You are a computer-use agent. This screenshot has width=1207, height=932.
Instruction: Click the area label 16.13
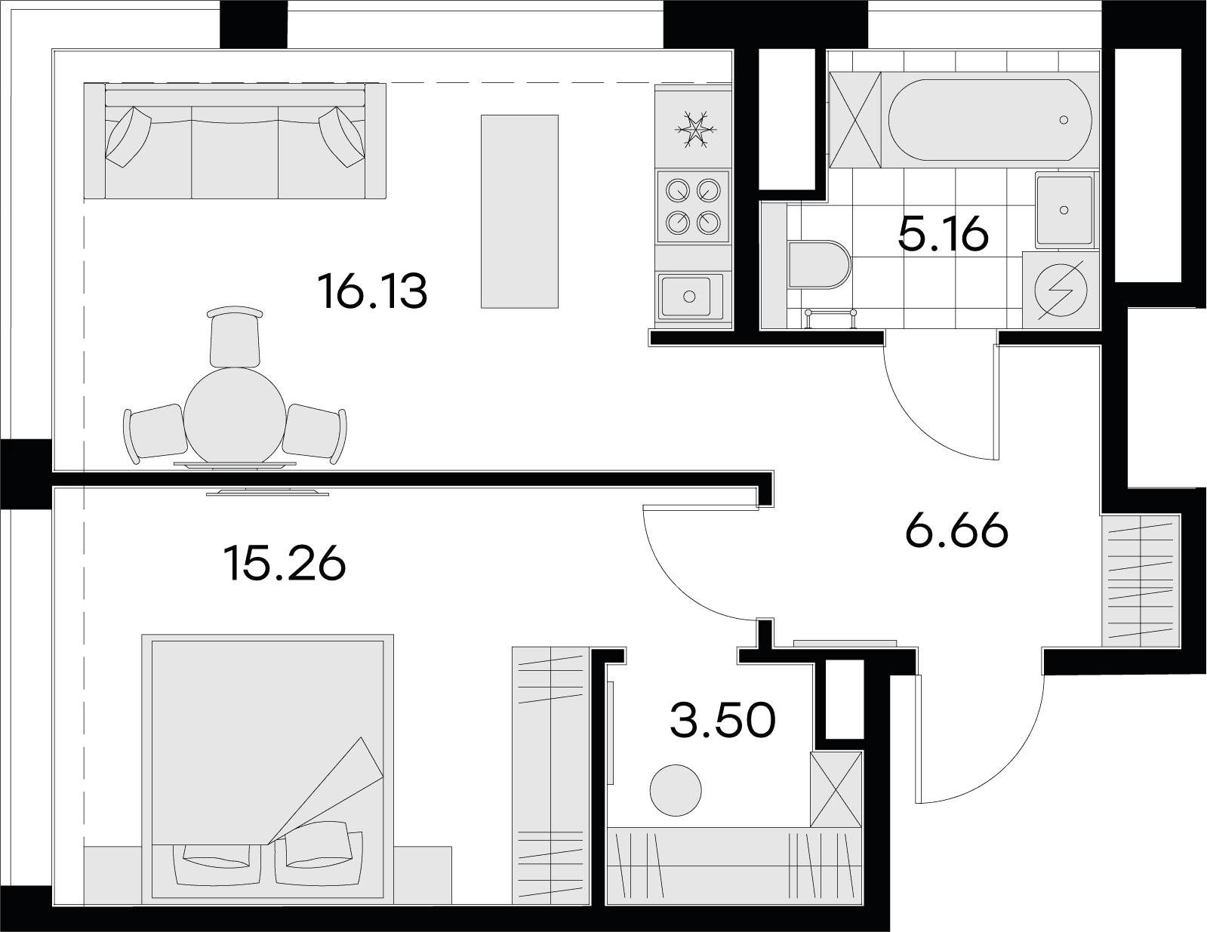click(372, 291)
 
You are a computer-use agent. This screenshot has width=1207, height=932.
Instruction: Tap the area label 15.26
click(285, 564)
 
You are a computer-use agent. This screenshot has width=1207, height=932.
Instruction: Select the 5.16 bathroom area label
click(943, 234)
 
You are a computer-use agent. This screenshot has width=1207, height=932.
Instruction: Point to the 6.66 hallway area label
click(956, 530)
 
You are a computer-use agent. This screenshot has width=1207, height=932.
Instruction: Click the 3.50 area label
click(722, 720)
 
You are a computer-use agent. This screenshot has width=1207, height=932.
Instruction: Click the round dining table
click(235, 416)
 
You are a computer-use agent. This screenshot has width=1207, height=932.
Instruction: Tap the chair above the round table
click(235, 337)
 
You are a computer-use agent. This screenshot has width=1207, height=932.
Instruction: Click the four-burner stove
click(693, 207)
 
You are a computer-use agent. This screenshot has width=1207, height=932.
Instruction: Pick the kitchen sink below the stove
click(690, 297)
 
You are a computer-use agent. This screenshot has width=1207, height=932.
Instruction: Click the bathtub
click(990, 120)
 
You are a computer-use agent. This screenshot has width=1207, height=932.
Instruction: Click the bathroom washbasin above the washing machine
click(1065, 210)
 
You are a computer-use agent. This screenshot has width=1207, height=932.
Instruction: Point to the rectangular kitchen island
click(519, 211)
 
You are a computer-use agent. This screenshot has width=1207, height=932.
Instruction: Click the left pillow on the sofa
click(128, 137)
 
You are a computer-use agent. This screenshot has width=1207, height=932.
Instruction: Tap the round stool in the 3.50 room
click(676, 790)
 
